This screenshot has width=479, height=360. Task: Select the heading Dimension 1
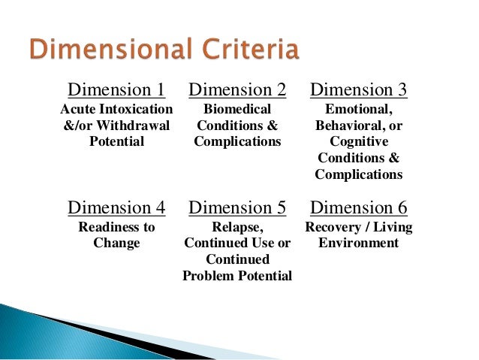(116, 90)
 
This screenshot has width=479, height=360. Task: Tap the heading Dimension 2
(237, 90)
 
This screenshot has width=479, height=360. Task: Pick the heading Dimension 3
(358, 90)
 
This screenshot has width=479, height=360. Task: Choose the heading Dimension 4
(116, 207)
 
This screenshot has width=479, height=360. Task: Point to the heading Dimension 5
(237, 207)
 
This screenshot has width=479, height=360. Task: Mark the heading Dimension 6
(358, 207)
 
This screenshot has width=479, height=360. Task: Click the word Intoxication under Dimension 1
(131, 110)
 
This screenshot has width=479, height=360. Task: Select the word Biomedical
(237, 110)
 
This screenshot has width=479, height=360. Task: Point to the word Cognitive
(358, 142)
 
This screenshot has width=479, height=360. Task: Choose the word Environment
(358, 243)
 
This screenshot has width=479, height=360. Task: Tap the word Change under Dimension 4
(116, 243)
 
